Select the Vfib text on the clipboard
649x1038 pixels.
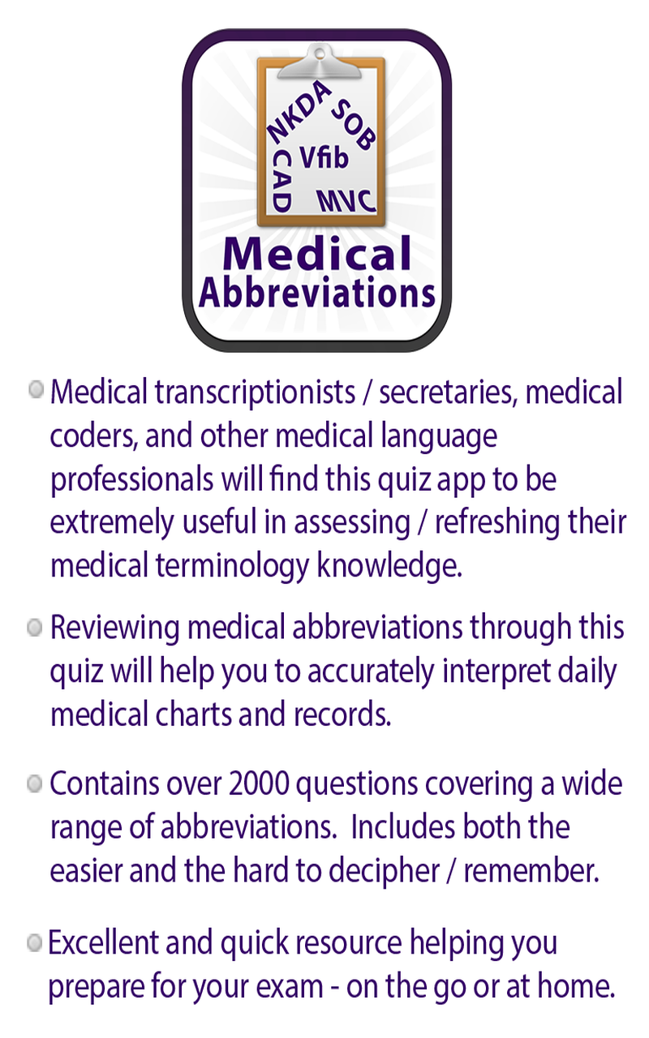[324, 157]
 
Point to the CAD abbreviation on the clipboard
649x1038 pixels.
[281, 179]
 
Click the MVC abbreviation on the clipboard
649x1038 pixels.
[346, 199]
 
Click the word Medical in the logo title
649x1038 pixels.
[317, 254]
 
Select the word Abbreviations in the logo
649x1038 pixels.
[317, 293]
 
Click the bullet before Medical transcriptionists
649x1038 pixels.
[36, 390]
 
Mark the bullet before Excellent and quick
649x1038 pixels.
[34, 942]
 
